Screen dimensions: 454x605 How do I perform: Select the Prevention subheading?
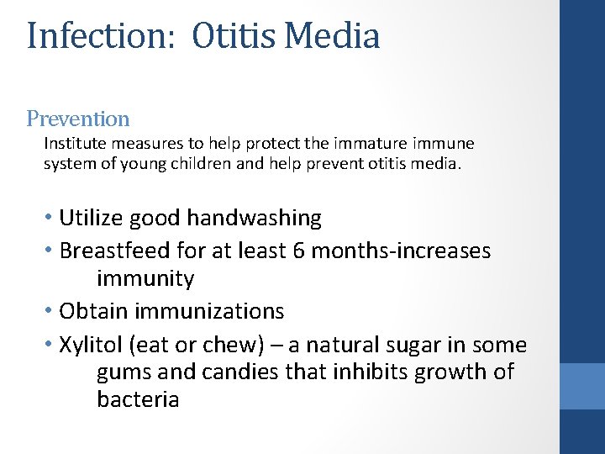78,119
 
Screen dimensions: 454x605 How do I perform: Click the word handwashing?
254,219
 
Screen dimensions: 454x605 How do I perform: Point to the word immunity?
145,279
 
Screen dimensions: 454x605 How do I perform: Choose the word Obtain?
92,311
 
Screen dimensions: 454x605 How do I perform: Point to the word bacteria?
138,399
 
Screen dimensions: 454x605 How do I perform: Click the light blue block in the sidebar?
581,386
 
